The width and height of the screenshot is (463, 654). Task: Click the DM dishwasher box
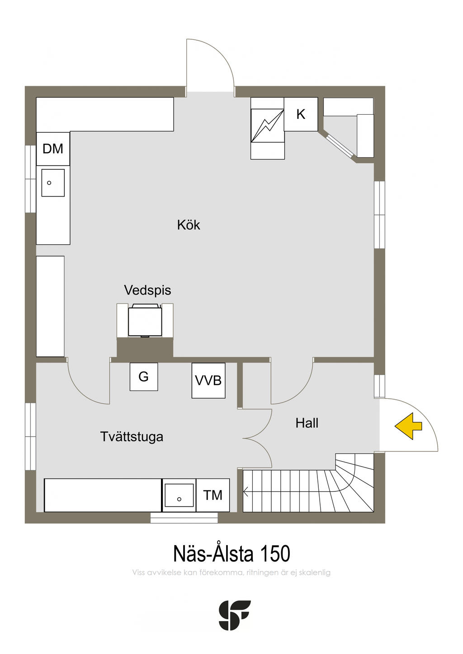[x=53, y=149]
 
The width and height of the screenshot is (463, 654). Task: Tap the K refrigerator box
[x=301, y=114]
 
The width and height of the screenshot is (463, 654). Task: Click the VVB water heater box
[x=208, y=380]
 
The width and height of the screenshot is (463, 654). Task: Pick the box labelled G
[x=144, y=377]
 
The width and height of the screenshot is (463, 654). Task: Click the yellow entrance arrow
[x=408, y=426]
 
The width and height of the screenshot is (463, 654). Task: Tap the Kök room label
[x=189, y=225]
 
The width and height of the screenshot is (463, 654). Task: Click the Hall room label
[x=307, y=423]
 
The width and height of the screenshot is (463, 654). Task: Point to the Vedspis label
[x=147, y=290]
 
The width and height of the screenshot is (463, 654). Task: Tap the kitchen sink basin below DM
[x=53, y=183]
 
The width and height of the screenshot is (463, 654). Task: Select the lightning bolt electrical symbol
[x=267, y=126]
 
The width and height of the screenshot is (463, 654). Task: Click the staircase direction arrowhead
[x=246, y=492]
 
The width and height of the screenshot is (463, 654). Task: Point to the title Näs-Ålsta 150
[x=231, y=554]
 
